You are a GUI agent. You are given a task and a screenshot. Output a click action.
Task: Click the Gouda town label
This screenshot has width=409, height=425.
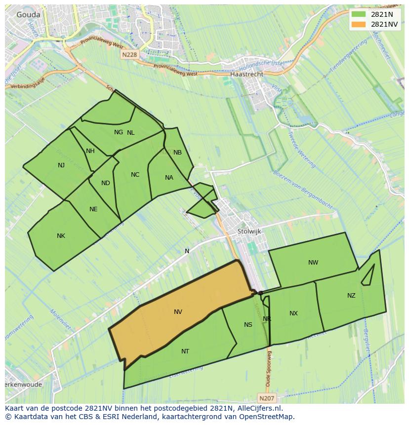pos(28,15)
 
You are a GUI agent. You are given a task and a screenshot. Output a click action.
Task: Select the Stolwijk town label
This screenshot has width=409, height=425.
pos(249,231)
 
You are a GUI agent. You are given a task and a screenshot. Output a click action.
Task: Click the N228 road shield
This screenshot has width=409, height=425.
pos(129,55)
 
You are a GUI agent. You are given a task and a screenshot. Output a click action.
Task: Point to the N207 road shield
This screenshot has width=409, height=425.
pos(266,397)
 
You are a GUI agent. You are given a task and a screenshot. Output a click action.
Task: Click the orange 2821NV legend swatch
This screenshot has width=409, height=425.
pos(359,24)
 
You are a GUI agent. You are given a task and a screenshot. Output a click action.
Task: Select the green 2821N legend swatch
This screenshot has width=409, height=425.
pos(359,15)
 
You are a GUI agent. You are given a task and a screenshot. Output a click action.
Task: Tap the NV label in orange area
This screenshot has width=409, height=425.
pos(178,312)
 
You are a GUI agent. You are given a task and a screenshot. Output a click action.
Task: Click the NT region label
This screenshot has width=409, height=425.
pos(185,351)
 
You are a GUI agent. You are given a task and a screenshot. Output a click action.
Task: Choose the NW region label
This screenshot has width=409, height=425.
pos(313,263)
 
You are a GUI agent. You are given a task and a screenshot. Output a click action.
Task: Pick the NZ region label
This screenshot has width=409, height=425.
pos(351,296)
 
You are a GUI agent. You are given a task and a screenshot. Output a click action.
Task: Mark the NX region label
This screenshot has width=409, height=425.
pos(293,313)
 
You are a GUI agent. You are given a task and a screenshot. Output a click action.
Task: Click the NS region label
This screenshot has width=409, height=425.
pos(248,324)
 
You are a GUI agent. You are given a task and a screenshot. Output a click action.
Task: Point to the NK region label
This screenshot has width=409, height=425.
pos(61,236)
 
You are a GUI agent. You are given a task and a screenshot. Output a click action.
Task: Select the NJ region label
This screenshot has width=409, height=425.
pos(61,165)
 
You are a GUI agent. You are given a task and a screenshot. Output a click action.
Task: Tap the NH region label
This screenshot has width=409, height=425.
pos(90,151)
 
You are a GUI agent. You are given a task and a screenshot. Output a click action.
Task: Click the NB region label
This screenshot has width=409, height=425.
pos(177,153)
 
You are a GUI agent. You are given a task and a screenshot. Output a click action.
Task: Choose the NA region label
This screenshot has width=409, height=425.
pos(169,178)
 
